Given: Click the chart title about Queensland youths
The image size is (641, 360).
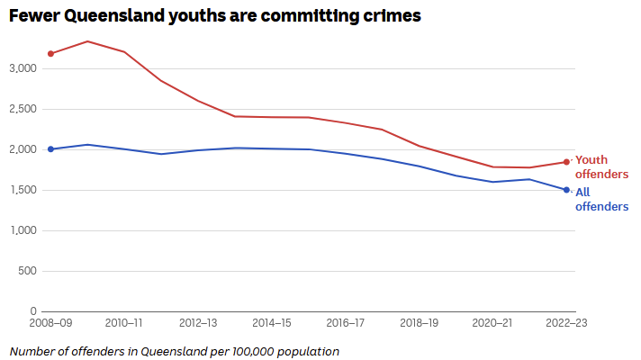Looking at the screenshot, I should click(215, 16).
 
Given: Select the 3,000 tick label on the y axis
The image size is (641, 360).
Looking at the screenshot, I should click(23, 68).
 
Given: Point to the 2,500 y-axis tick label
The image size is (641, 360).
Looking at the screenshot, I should click(23, 109).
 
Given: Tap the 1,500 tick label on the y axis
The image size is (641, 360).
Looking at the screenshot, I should click(23, 190).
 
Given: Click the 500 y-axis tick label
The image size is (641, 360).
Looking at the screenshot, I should click(27, 271).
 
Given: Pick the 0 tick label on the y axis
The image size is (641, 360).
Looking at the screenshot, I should click(32, 311).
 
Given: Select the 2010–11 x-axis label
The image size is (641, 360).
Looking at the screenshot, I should click(123, 323).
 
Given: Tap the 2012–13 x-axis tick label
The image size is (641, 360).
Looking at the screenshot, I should click(198, 323).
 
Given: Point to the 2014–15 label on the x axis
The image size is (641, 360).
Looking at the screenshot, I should click(272, 323).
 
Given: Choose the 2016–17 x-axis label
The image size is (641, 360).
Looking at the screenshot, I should click(346, 323).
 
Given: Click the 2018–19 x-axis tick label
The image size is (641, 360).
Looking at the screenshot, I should click(420, 323).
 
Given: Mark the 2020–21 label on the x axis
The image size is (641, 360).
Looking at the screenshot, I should click(493, 323).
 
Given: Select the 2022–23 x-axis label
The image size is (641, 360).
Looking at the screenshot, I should click(567, 323).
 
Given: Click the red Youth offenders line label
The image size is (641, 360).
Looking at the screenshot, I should click(601, 166).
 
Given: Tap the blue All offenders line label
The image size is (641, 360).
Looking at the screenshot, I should click(601, 199).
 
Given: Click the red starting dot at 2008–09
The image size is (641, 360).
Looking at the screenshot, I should click(50, 54).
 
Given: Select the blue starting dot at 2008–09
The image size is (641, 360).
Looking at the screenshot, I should click(50, 149).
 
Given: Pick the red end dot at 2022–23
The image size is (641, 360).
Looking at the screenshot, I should click(566, 162).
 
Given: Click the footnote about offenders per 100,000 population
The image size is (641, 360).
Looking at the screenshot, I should click(175, 350).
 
